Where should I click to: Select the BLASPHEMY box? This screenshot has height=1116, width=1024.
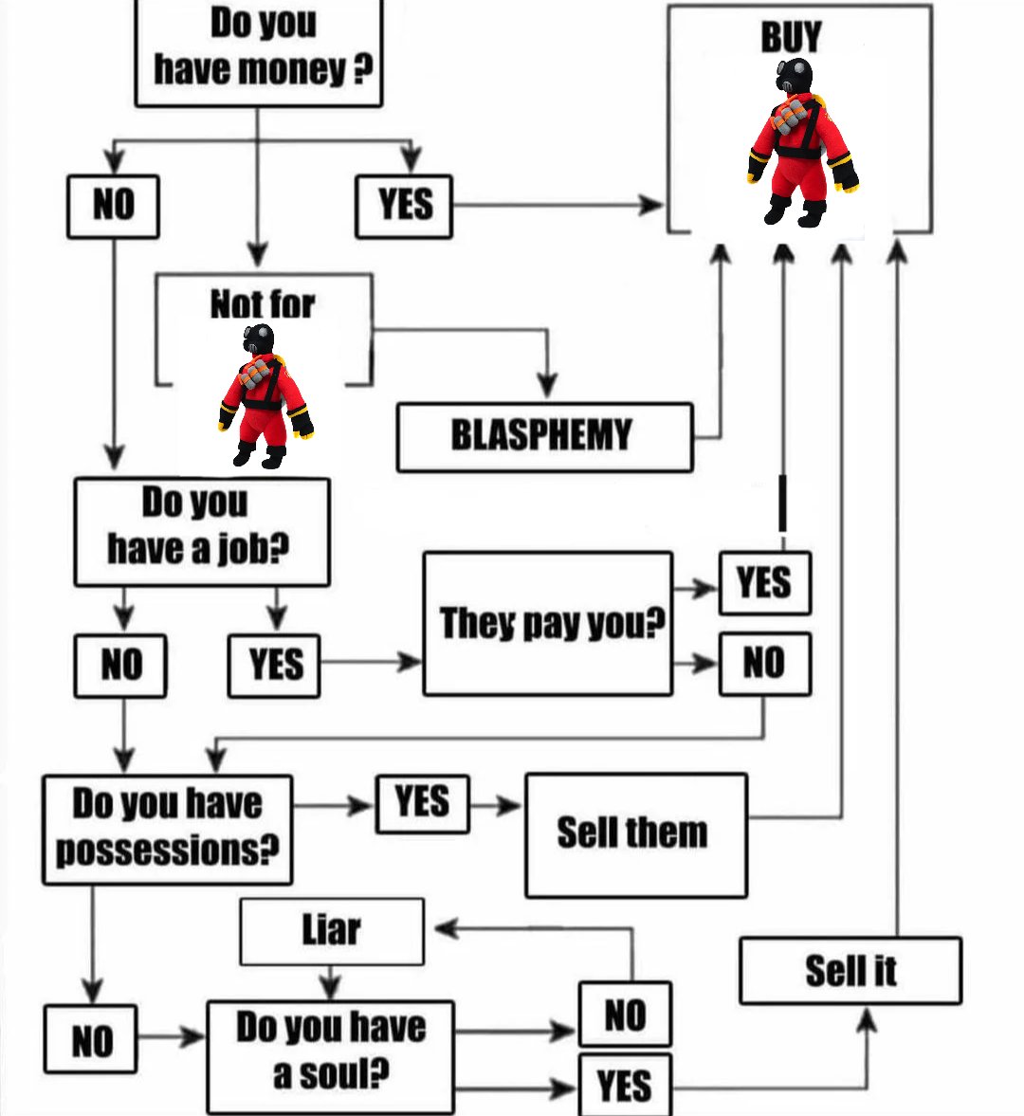tap(544, 437)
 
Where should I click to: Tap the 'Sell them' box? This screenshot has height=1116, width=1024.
tap(636, 834)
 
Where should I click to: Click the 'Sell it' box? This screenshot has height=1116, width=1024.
tap(850, 971)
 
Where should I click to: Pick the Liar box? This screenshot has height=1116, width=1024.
tap(332, 931)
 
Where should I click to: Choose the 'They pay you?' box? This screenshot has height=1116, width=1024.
tap(547, 624)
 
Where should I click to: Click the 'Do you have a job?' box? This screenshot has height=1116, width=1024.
tap(202, 532)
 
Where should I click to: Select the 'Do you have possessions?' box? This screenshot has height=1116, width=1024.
tap(167, 829)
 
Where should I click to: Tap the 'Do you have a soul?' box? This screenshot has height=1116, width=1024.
tap(331, 1056)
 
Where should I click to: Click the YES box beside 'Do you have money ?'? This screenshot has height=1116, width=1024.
tap(404, 206)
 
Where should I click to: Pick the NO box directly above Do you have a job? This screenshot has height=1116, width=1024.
tap(113, 206)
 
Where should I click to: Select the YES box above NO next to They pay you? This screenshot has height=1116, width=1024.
tap(765, 583)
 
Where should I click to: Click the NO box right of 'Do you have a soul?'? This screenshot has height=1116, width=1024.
tap(626, 1015)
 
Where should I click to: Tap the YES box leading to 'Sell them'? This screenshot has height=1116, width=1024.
tap(423, 803)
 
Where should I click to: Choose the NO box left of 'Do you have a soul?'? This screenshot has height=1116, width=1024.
tap(90, 1039)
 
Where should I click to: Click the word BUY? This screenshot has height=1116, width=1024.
tap(792, 37)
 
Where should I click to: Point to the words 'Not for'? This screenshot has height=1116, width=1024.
tap(263, 304)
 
